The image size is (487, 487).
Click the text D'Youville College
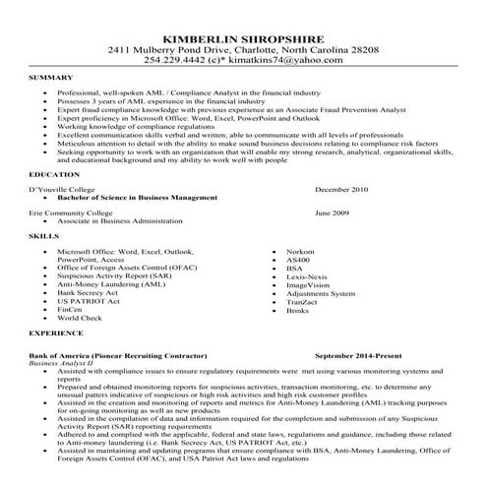67,187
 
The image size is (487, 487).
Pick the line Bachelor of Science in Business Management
139,197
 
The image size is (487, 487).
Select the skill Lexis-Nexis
305,276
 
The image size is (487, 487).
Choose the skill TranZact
302,301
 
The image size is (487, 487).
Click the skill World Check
80,319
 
